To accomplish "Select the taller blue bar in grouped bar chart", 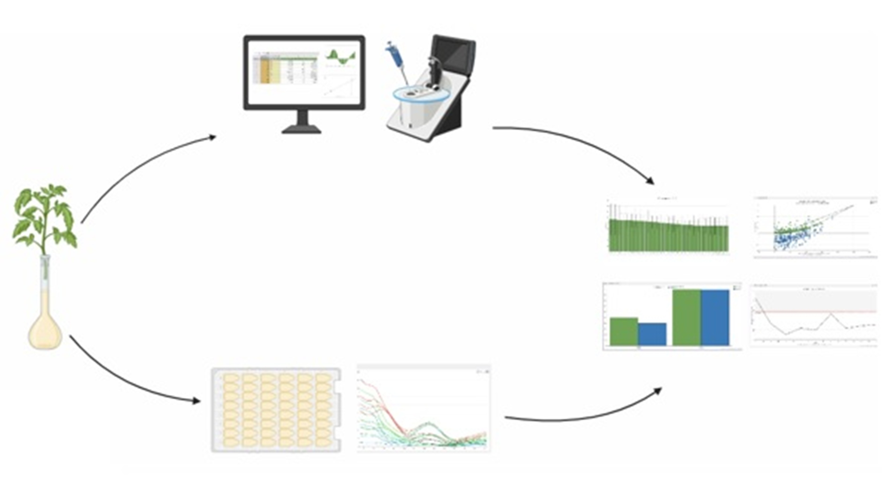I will point(715,317).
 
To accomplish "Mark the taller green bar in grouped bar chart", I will point(686,317).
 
